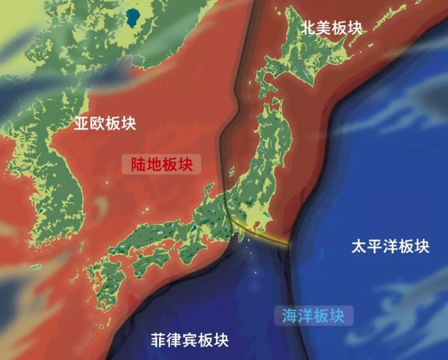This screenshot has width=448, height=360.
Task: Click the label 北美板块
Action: (332, 28)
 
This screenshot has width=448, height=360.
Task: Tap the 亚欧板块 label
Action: (105, 123)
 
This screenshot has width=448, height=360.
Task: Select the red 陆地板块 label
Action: (161, 164)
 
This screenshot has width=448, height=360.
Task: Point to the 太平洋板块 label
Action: (390, 247)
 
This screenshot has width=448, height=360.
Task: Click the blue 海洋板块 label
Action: (313, 316)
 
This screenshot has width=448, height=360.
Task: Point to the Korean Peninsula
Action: (52, 184)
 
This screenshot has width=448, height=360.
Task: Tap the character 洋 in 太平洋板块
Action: (390, 247)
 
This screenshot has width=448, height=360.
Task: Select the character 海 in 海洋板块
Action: (289, 316)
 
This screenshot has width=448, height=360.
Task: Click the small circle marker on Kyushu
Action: (110, 276)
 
